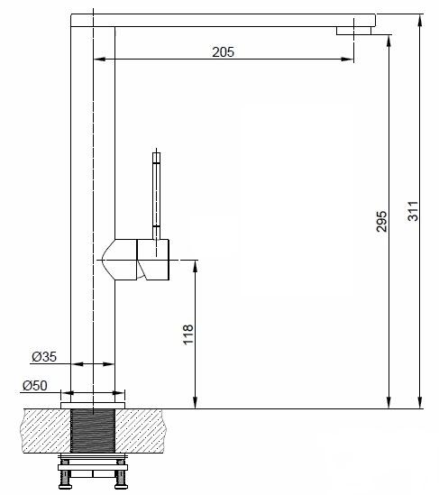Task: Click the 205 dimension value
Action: [223, 52]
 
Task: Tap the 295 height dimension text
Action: [381, 221]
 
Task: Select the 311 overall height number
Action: [413, 211]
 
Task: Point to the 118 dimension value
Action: [188, 335]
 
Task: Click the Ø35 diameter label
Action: [44, 357]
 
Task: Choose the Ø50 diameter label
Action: [35, 386]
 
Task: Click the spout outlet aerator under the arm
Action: [353, 31]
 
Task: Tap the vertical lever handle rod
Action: [156, 196]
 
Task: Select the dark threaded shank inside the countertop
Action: [93, 431]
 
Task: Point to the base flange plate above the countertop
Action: [93, 406]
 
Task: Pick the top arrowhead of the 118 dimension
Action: [196, 266]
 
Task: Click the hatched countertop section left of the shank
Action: [47, 431]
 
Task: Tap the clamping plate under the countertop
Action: [93, 467]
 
